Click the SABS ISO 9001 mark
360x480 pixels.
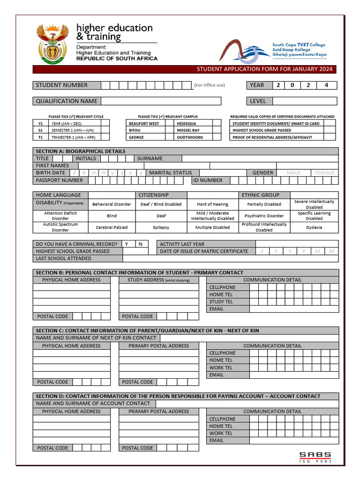pos(315,457)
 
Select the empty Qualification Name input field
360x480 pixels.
pos(161,101)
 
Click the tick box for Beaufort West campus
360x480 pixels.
pos(170,123)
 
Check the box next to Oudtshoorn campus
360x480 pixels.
pos(216,137)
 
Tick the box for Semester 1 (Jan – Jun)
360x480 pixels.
pos(105,130)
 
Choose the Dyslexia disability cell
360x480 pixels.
pos(314,227)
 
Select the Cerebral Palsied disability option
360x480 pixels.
pos(112,227)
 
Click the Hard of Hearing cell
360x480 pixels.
pos(212,204)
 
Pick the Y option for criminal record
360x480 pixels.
pos(127,244)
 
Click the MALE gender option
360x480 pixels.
pos(293,172)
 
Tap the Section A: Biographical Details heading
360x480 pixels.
pos(81,151)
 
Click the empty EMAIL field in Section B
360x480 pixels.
pos(293,309)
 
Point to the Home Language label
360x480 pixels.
pos(59,195)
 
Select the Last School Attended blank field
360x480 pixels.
pos(230,258)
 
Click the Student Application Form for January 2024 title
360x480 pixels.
pos(264,69)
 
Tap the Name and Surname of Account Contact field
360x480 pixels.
pos(247,403)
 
